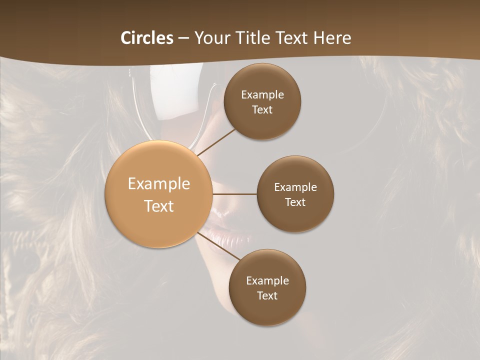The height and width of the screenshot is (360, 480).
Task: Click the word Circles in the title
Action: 147,38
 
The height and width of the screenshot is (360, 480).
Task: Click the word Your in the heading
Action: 211,38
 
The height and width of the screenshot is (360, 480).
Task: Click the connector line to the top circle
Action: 216,142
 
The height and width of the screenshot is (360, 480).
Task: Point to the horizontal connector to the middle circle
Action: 234,194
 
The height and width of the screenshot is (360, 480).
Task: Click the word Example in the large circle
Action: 159,184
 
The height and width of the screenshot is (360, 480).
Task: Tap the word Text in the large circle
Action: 159,206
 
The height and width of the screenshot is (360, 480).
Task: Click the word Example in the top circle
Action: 262,95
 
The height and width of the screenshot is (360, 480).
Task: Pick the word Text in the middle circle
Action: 295,202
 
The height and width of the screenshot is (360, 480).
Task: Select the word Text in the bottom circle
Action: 267,295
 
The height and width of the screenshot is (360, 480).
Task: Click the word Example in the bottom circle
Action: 267,280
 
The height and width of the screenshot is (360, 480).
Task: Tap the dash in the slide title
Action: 183,38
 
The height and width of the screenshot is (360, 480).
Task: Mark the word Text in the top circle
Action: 262,109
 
